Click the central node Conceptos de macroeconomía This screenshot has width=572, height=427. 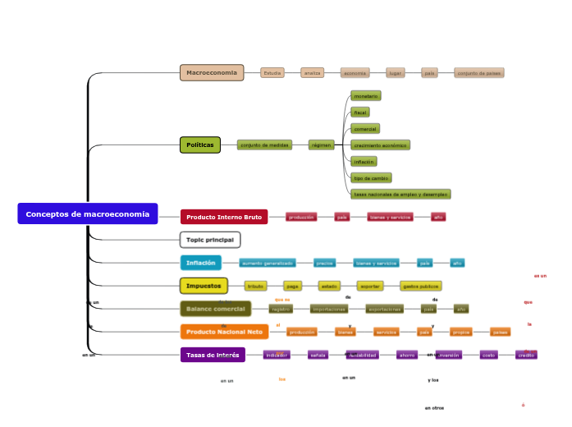coord(88,214)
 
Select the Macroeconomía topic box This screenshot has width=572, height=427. coord(212,73)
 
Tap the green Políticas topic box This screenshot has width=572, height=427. coord(200,145)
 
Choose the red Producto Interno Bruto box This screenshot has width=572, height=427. coord(224,218)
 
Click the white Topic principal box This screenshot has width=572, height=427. coord(210,240)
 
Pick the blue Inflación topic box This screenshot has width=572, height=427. coord(201,263)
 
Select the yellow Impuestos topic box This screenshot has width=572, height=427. coord(204,286)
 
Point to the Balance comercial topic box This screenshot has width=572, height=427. coord(217,309)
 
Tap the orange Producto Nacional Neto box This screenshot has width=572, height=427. coord(224,332)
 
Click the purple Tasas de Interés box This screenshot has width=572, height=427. coord(213,355)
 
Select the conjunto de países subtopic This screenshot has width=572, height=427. coord(479,73)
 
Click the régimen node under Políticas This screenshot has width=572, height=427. coord(322,145)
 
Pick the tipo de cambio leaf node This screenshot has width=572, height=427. coord(371,177)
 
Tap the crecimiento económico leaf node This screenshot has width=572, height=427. coord(380,145)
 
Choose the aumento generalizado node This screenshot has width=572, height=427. coord(267,263)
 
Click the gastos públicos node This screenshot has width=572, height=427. coord(420,286)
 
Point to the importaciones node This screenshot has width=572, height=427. coord(329,309)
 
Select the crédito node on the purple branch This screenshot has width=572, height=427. coord(526,355)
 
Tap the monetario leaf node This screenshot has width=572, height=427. coord(365,96)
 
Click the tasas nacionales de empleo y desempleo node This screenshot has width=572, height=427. coord(400,195)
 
